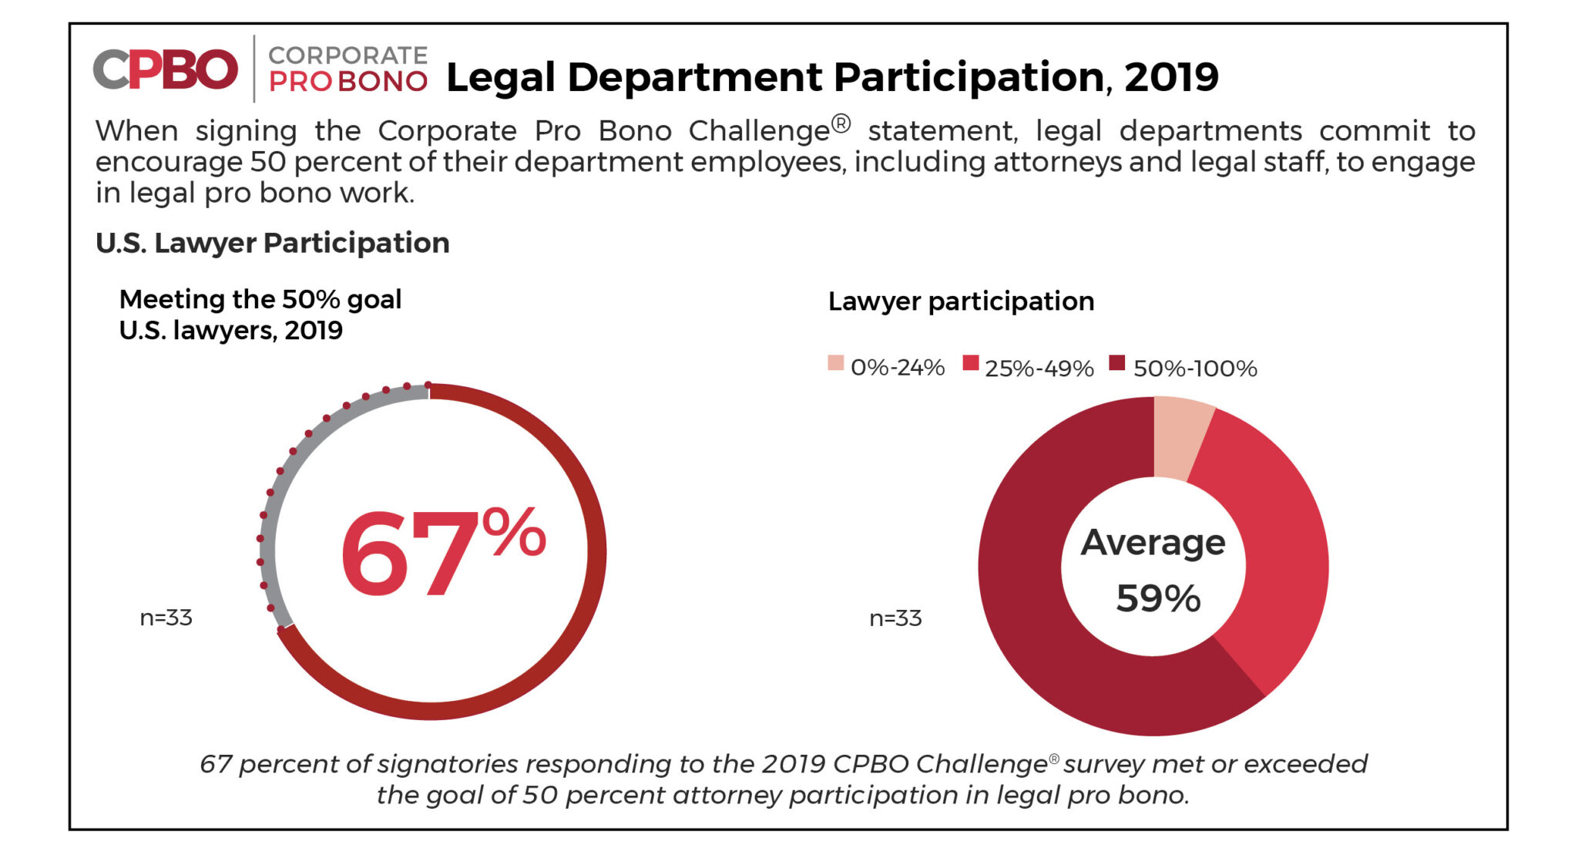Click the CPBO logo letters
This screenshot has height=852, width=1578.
165,69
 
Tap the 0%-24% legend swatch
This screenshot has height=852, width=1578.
835,363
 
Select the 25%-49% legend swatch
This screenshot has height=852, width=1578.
970,363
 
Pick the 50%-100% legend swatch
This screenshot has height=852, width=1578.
1116,363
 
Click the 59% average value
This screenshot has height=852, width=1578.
1158,598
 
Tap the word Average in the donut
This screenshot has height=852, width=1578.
1153,543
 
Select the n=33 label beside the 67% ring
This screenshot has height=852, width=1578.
166,618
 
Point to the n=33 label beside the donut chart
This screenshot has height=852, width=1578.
895,618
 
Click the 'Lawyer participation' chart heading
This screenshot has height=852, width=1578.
961,301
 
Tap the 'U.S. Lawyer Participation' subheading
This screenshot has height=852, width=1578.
272,243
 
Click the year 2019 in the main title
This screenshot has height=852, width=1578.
1171,77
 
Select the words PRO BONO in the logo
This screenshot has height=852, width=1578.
347,82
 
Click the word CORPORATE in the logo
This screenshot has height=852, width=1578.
347,56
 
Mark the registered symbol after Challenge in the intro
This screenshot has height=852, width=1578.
841,123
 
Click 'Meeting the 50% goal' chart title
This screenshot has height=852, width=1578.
260,299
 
